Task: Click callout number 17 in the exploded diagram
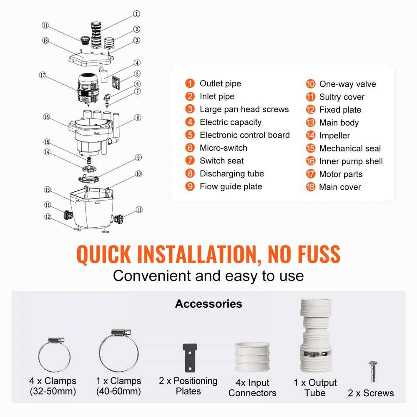pos(42,75)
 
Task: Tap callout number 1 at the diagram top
pos(136,14)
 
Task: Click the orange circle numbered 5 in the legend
pos(190,135)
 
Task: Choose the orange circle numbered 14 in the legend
pos(310,136)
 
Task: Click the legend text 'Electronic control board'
pos(244,135)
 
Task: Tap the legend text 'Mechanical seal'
pos(350,148)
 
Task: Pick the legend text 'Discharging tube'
pos(231,174)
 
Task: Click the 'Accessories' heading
pos(208,304)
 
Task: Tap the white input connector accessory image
pos(252,357)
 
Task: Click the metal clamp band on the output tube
pos(315,353)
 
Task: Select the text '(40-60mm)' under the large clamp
pos(119,392)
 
